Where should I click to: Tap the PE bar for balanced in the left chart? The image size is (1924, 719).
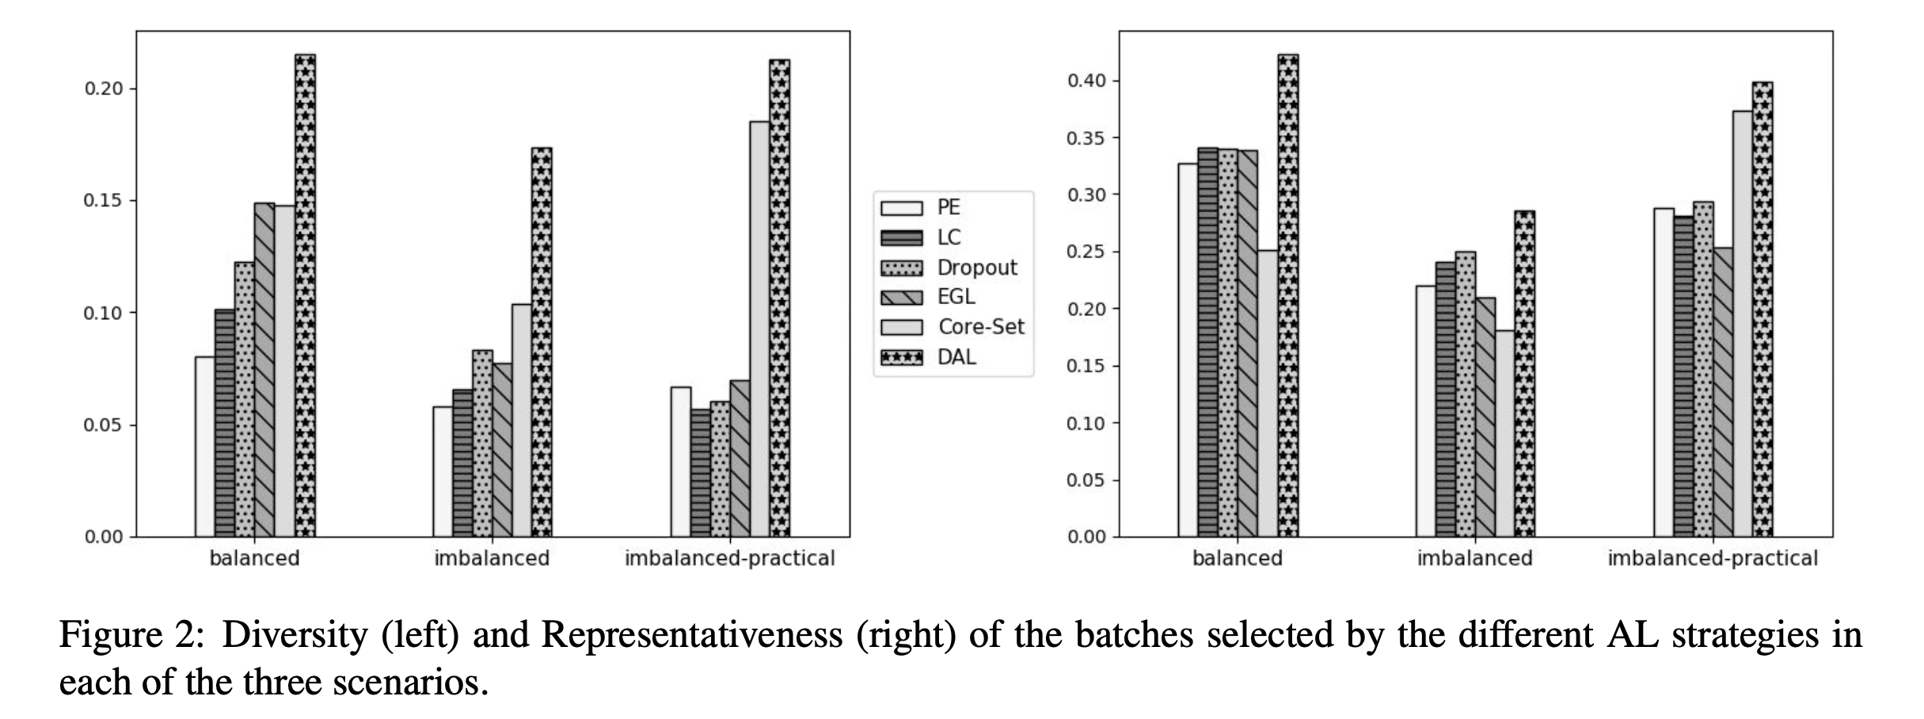pos(205,447)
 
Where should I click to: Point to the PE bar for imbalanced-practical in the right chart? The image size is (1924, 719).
pos(1664,372)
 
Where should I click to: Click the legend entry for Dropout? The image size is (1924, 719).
pos(976,268)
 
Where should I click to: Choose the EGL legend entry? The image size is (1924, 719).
pos(956,297)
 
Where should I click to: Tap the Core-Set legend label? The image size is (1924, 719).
pos(981,327)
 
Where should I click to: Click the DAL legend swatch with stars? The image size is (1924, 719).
pos(902,357)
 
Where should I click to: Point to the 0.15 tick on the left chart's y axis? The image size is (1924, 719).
pos(104,200)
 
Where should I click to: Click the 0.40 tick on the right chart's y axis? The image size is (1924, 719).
pos(1086,81)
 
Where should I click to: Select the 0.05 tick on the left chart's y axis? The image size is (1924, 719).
pos(104,425)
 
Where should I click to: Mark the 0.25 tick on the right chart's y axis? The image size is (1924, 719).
pos(1086,252)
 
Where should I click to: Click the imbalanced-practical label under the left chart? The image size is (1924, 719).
pos(729,558)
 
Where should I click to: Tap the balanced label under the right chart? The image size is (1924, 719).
pos(1237,558)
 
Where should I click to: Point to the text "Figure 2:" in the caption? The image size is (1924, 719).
pos(131,635)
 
